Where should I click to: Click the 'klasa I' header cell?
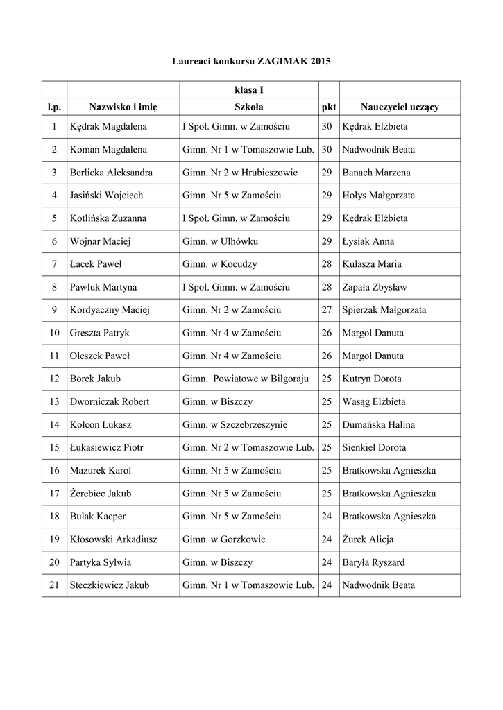(x=248, y=89)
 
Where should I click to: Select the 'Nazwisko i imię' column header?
(x=123, y=107)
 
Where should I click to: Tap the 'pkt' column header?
(x=328, y=107)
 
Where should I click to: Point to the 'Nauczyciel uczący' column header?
(x=399, y=107)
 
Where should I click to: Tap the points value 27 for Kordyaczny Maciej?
(x=327, y=310)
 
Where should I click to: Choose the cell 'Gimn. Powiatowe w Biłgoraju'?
(x=246, y=379)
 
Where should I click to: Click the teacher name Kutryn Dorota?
(x=372, y=379)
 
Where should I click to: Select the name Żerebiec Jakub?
(x=101, y=494)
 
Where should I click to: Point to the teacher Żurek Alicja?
(x=368, y=539)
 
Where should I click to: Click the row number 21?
(x=54, y=585)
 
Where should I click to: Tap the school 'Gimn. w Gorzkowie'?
(x=224, y=539)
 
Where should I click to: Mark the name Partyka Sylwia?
(x=101, y=562)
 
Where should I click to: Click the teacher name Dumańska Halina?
(x=379, y=424)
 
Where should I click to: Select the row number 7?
(x=54, y=264)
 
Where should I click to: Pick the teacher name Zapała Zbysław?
(x=375, y=287)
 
